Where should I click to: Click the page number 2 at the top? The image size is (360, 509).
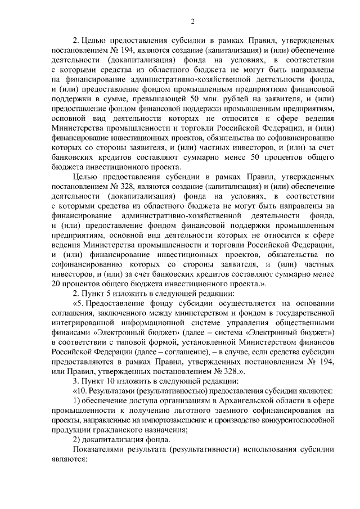coord(193,21)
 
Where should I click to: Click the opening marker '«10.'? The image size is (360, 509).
coord(82,391)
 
